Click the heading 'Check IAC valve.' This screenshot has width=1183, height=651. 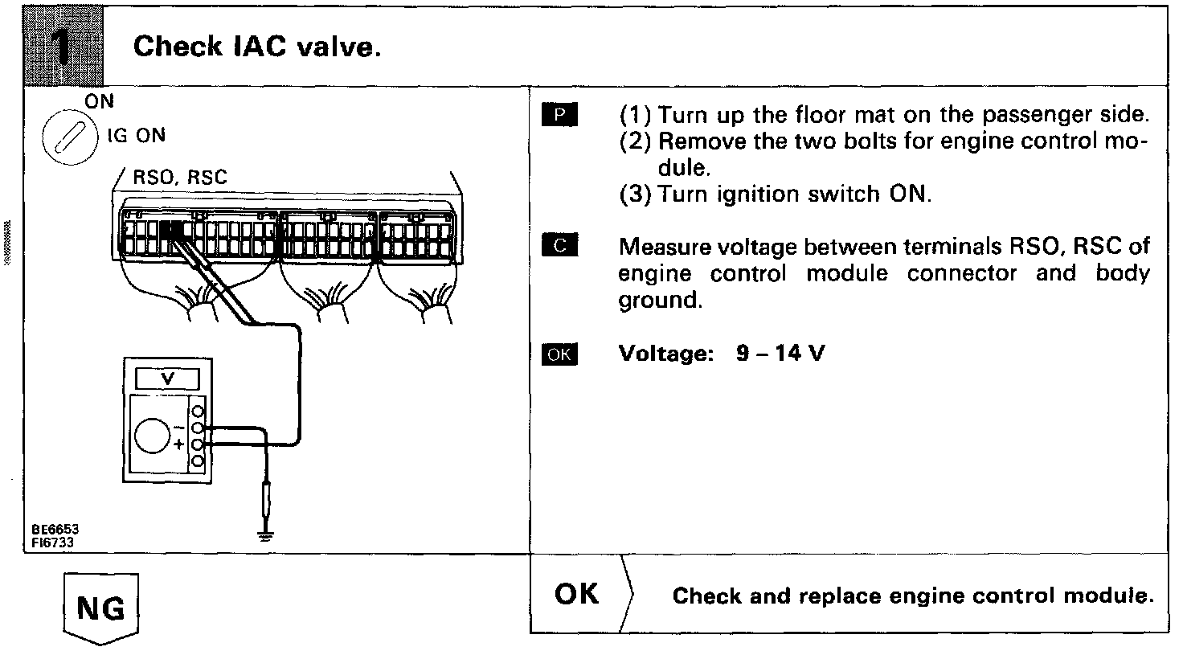[x=256, y=47]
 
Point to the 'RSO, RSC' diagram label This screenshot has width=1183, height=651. [x=179, y=178]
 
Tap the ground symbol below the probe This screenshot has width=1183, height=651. [x=265, y=537]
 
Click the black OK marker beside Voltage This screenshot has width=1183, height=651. [x=560, y=354]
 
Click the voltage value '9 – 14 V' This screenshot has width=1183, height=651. [x=780, y=354]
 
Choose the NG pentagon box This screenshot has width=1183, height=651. [x=101, y=608]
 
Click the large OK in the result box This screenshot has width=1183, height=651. [x=577, y=594]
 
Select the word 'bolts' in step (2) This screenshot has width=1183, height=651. [x=888, y=143]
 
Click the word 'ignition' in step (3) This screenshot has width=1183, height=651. [x=747, y=195]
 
